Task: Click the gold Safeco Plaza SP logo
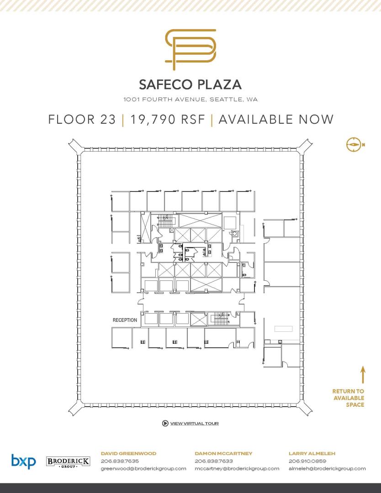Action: [190, 49]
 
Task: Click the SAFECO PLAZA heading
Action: [190, 84]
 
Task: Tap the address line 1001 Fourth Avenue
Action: [190, 100]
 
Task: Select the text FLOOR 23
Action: [82, 120]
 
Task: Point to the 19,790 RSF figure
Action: [167, 120]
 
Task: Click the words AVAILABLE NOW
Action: [276, 120]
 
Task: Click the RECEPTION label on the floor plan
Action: [125, 320]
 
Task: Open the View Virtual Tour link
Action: [195, 424]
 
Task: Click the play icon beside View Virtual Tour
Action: [165, 423]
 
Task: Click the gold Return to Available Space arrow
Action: [363, 374]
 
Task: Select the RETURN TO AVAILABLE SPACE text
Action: [348, 398]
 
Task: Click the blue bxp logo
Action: [24, 461]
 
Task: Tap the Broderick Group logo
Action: [68, 462]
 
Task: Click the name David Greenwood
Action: [128, 453]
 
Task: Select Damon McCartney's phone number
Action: [214, 461]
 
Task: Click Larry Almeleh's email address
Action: [327, 468]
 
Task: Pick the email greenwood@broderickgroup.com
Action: [143, 468]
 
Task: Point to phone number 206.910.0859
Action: [307, 461]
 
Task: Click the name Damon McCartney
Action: [223, 453]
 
